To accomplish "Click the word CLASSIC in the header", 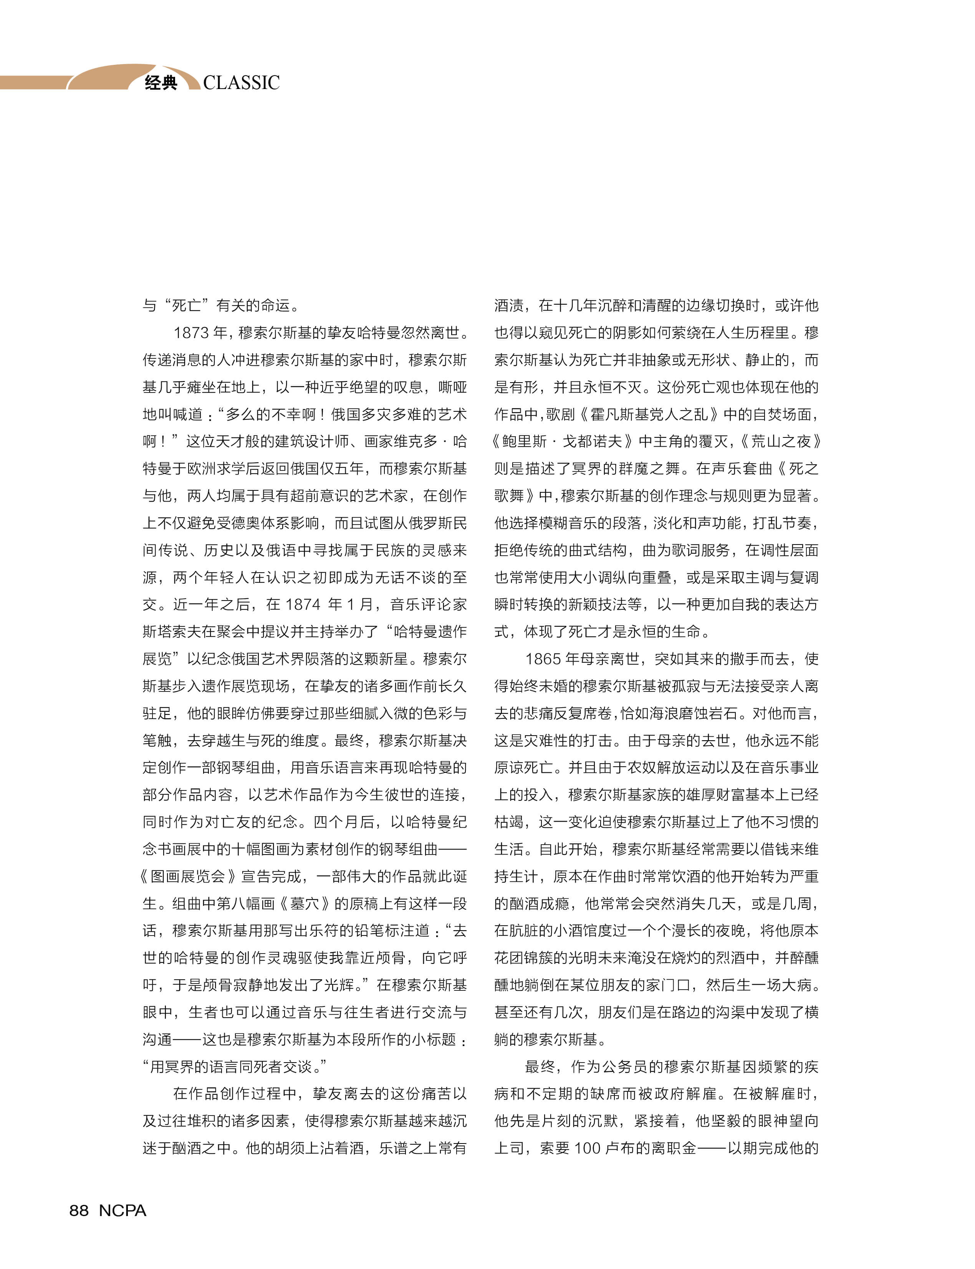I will point(241,83).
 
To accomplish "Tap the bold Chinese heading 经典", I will point(161,83).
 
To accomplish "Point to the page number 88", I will point(79,1210).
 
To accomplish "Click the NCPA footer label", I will point(122,1210).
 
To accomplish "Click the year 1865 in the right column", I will point(543,659).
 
